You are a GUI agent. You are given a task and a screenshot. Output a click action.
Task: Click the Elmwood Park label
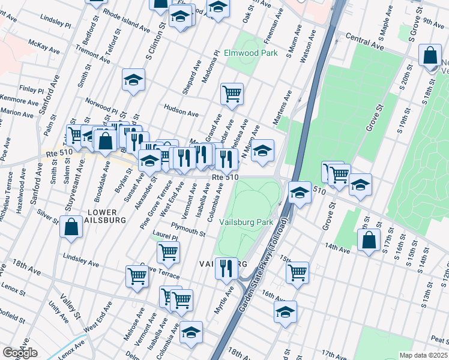250,53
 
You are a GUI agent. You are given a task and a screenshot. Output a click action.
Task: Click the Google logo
20,353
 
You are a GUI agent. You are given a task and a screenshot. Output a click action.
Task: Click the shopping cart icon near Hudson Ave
232,93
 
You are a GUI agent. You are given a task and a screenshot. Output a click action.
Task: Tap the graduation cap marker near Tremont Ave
133,80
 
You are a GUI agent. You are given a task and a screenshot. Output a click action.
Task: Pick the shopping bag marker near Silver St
71,227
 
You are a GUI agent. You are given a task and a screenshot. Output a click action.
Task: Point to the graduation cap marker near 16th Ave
286,311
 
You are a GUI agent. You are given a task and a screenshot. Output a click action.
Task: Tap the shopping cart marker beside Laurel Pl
168,252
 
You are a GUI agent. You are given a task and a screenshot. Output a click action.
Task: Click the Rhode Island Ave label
126,20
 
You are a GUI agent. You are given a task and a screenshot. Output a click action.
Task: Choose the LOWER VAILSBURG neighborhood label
106,217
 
